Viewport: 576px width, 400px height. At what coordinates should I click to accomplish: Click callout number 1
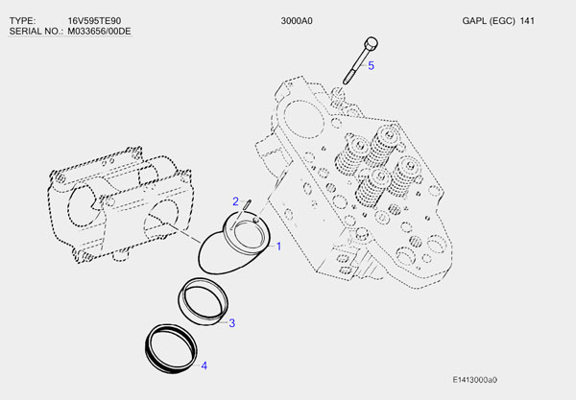279,247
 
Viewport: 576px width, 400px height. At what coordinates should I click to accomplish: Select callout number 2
235,200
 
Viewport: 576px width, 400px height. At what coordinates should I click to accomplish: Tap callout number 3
231,322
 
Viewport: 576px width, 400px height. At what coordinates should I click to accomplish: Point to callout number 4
203,365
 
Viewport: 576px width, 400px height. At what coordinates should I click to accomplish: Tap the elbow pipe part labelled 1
233,247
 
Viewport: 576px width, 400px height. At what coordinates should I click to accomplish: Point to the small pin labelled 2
249,204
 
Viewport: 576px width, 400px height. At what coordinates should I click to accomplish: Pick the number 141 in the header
527,20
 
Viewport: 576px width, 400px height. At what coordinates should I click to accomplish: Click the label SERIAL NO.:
36,32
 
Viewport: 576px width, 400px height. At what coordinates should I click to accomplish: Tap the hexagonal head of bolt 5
371,42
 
